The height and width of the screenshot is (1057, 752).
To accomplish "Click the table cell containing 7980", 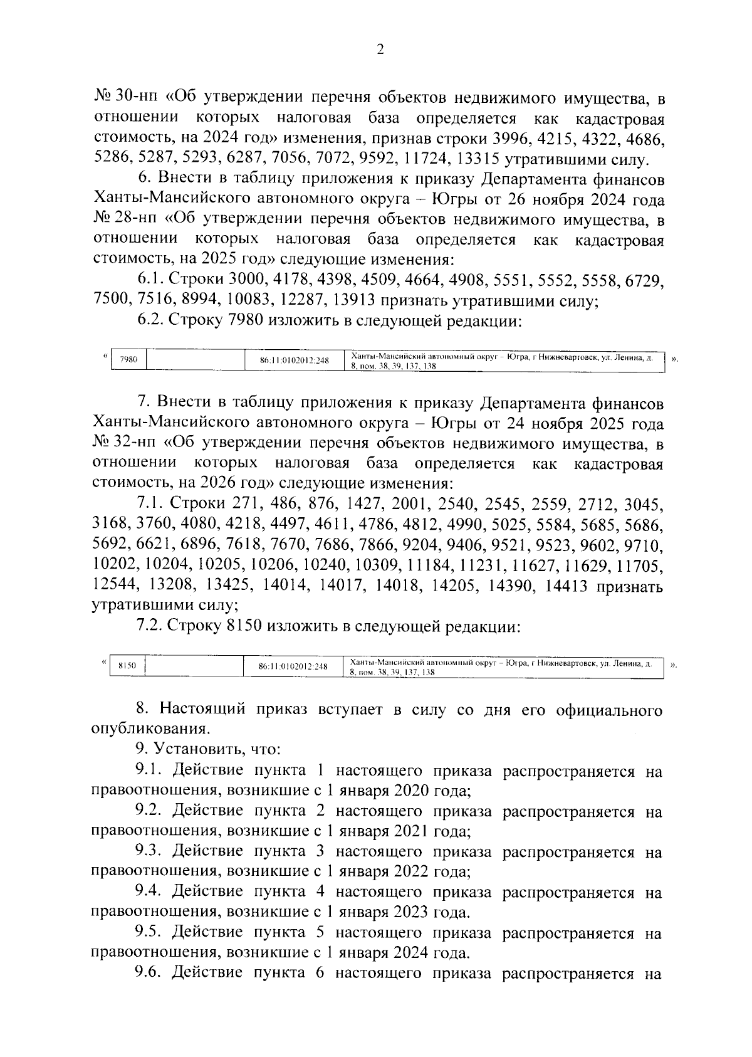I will [128, 360].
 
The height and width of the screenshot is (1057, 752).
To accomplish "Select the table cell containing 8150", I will [127, 666].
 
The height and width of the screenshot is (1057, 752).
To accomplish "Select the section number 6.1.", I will [150, 281].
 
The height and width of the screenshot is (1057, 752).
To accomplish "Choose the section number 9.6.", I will [150, 973].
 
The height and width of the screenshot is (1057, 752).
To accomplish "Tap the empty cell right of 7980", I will [195, 360].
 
